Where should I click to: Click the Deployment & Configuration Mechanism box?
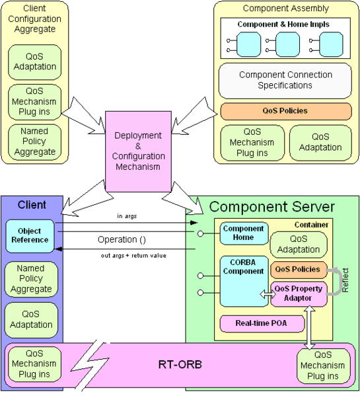(138, 151)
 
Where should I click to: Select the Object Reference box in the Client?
(30, 236)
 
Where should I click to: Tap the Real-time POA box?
(262, 323)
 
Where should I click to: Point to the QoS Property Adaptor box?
(299, 294)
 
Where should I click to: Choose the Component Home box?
(244, 233)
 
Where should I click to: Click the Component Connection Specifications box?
(285, 80)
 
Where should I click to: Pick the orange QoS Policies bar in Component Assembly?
(286, 111)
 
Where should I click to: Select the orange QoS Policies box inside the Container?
(299, 270)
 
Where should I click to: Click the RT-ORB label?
(180, 364)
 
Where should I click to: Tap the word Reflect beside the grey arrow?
(345, 280)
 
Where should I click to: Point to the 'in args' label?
(127, 216)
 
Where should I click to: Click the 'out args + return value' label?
(133, 256)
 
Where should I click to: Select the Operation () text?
(122, 239)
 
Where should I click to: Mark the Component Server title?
(271, 206)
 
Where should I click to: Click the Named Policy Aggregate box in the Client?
(31, 279)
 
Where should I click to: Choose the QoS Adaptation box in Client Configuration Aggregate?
(34, 62)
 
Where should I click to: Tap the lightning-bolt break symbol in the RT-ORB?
(90, 366)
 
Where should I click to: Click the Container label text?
(311, 225)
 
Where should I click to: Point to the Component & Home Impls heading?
(283, 24)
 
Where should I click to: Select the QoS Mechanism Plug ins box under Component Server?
(323, 366)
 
